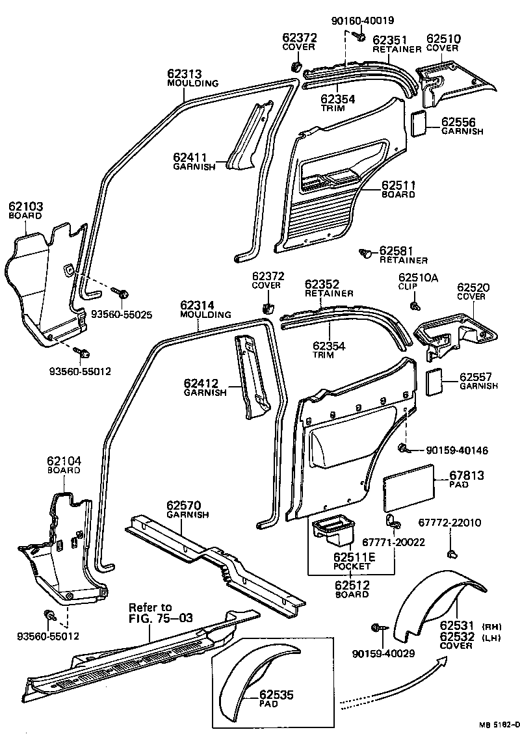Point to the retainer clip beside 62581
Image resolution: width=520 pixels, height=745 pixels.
pos(367,252)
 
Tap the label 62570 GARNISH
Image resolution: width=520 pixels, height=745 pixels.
pos(188,509)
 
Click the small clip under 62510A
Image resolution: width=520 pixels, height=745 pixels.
pos(413,306)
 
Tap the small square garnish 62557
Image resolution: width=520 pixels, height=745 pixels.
pos(434,381)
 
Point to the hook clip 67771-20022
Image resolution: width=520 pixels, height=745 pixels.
pos(393,518)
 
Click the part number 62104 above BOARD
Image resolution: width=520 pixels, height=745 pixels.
pos(64,461)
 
